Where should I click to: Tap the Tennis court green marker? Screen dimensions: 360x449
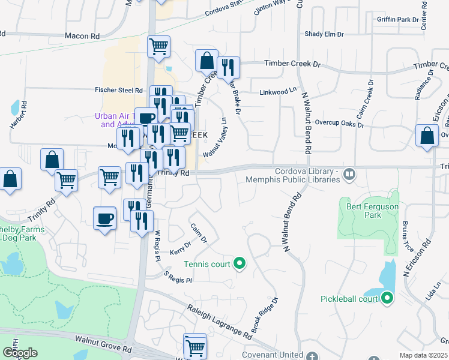coord(240,263)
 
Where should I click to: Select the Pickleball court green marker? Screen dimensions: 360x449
coord(387,298)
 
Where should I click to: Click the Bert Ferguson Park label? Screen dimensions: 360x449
coord(372,211)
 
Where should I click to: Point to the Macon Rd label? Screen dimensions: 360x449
coord(82,37)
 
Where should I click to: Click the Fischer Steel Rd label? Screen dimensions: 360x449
coord(118,90)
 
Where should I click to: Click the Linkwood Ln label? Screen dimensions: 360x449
coord(278,91)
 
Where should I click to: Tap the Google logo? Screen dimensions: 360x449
coord(20,353)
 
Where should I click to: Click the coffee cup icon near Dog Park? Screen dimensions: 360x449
coord(106,217)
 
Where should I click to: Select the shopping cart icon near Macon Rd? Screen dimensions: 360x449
coord(158,46)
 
